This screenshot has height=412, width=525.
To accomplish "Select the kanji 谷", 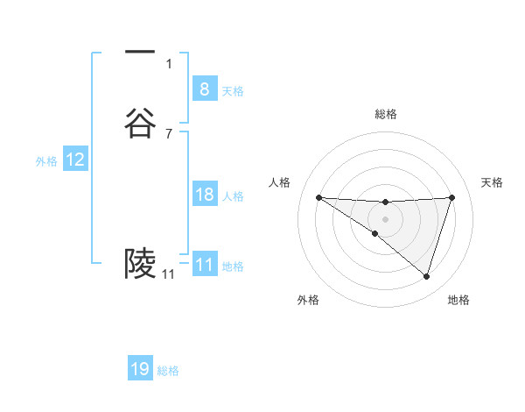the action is coord(140,123).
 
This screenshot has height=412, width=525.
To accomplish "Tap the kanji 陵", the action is coord(140,262).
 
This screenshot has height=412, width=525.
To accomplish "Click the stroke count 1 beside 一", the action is coord(169,63).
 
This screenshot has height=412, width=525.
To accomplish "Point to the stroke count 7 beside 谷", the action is coord(169,133).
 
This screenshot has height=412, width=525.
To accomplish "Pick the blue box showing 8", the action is coord(204,89).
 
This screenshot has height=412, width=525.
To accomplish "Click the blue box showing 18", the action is coord(204,195).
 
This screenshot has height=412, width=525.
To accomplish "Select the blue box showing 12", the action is coord(75,160).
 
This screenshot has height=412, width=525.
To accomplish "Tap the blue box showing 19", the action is coord(140,369).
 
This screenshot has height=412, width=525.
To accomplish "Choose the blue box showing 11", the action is coord(204,265).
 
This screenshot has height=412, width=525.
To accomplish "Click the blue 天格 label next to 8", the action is coord(233,91).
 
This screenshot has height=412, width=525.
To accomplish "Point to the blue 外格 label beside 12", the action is coord(46,161).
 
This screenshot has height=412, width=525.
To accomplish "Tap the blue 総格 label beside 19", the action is coord(168,371).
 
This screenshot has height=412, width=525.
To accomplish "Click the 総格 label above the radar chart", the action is coord(385,114).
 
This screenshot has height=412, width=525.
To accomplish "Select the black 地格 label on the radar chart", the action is coord(458,300).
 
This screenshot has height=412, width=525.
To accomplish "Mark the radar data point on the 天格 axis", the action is coord(452,197).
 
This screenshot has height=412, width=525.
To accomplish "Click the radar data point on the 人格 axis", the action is coord(318,197).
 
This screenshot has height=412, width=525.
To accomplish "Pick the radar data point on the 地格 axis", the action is coord(426,276).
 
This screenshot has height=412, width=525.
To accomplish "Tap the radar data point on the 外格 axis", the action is coord(374,233).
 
